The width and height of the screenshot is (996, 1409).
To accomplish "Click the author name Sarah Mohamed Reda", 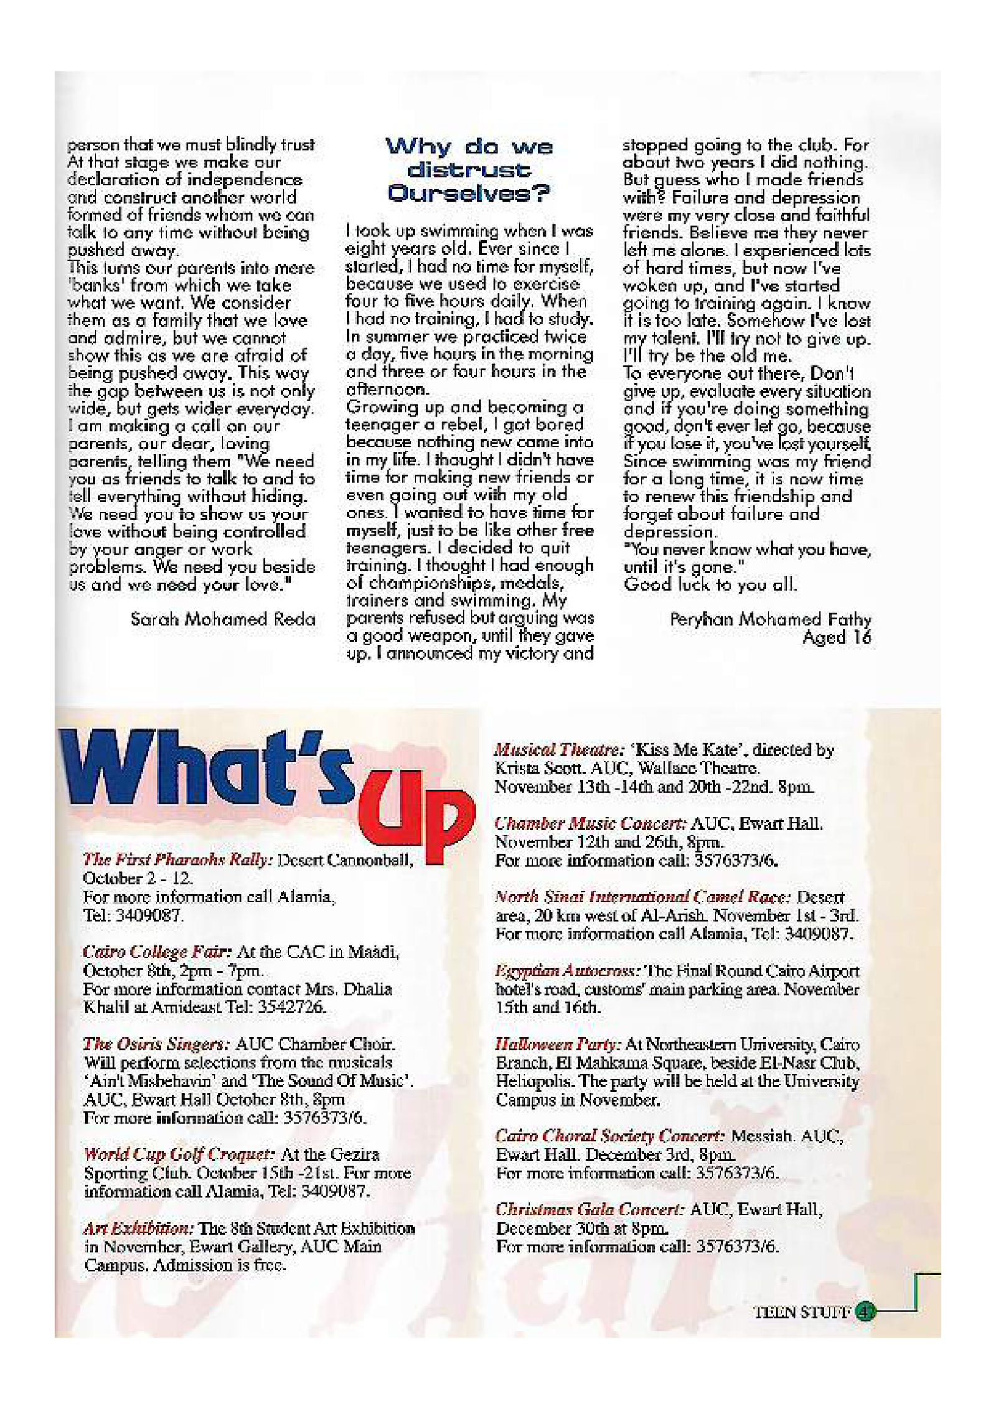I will pyautogui.click(x=223, y=619).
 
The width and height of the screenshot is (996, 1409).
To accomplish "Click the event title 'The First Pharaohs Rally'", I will pyautogui.click(x=178, y=860).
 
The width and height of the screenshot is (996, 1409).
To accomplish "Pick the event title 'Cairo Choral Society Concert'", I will pyautogui.click(x=609, y=1136).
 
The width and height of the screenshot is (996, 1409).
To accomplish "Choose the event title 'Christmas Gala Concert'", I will pyautogui.click(x=590, y=1209).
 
